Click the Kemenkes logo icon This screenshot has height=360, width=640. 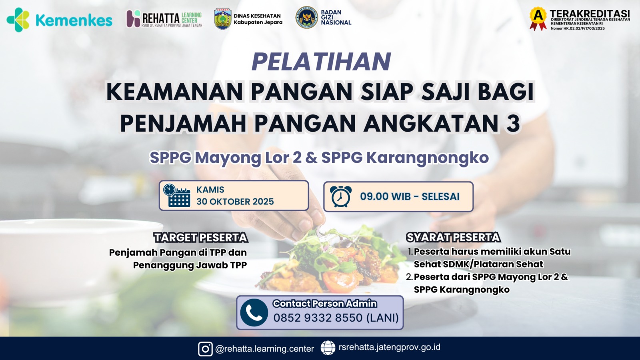(18, 20)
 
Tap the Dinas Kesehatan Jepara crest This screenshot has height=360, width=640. (222, 19)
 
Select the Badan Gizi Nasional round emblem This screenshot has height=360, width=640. (306, 18)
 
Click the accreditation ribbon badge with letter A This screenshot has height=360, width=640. (538, 18)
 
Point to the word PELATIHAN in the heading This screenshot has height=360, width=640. (321, 62)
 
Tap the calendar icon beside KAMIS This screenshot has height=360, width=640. (176, 196)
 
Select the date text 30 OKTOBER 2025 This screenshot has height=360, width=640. (235, 202)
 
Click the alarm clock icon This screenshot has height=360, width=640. (340, 196)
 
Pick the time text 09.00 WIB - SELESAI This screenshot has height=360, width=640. (410, 196)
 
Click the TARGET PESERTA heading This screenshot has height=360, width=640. (201, 238)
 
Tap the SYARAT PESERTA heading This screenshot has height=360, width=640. (453, 237)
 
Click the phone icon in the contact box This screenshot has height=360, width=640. (254, 313)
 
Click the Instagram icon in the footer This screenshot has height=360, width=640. (205, 349)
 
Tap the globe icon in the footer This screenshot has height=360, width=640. (328, 348)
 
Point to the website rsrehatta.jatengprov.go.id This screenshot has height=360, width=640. (389, 347)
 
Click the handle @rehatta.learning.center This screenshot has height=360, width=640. (264, 349)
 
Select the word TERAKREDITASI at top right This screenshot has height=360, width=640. (590, 14)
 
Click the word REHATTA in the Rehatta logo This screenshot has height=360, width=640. (161, 18)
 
